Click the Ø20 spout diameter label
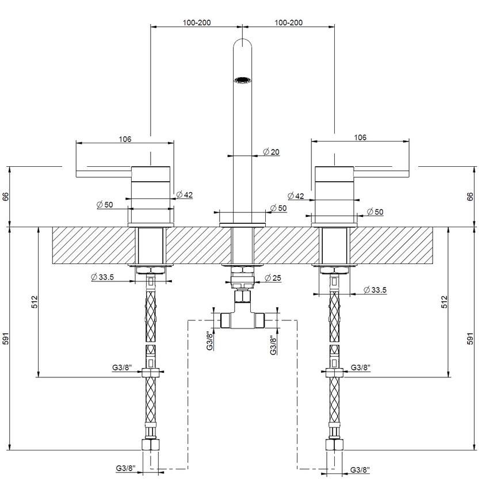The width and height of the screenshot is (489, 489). click(x=271, y=152)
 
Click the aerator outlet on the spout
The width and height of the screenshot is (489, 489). click(x=242, y=80)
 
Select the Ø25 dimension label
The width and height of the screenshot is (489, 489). click(x=273, y=277)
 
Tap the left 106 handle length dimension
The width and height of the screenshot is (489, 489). click(x=125, y=139)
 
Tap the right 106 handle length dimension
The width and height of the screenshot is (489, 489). click(x=360, y=137)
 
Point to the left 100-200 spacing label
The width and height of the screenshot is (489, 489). click(x=197, y=22)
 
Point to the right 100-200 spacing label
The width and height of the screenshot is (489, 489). click(x=288, y=22)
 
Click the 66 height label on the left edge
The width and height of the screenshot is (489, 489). click(x=6, y=197)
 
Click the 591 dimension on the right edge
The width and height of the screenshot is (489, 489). click(x=470, y=339)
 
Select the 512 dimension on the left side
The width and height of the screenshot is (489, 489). click(x=35, y=302)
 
